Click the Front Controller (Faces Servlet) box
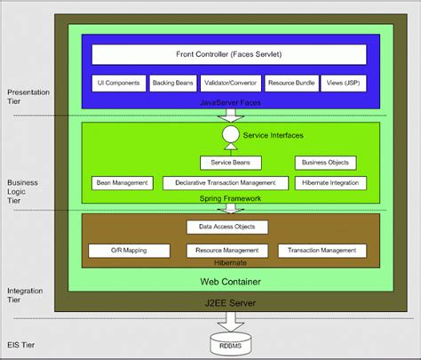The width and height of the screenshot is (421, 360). point(229,54)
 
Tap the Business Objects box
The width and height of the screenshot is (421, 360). point(325,163)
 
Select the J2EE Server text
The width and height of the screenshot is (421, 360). point(229,303)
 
